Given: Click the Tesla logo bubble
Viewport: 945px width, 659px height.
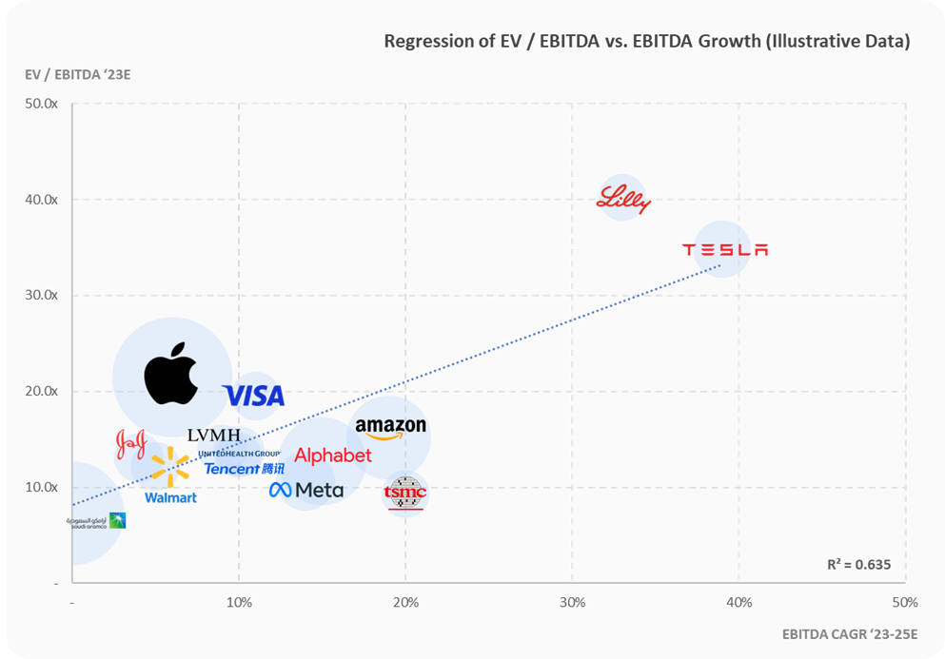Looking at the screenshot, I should pyautogui.click(x=723, y=249).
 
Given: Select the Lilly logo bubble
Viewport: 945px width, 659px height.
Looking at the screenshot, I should pyautogui.click(x=622, y=199).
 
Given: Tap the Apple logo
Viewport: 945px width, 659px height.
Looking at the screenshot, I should pyautogui.click(x=171, y=377).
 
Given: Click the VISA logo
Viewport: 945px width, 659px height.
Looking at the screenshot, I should pyautogui.click(x=253, y=396).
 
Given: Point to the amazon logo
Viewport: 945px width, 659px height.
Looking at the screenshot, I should pyautogui.click(x=390, y=429).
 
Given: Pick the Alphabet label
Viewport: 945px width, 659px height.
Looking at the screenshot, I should pyautogui.click(x=333, y=456).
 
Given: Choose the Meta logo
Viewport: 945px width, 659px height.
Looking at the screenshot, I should pyautogui.click(x=305, y=490).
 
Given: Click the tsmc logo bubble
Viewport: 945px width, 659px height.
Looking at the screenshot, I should pyautogui.click(x=405, y=493).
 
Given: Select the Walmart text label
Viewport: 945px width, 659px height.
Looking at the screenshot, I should pyautogui.click(x=170, y=497).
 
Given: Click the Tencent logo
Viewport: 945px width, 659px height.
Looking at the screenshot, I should pyautogui.click(x=244, y=469).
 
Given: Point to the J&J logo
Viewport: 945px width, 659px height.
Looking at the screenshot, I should pyautogui.click(x=130, y=442).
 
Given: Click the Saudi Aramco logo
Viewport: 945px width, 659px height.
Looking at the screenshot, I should pyautogui.click(x=96, y=521).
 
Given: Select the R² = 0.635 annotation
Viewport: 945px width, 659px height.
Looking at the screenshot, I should pyautogui.click(x=858, y=564).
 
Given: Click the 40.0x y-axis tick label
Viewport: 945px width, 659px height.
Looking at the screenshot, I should pyautogui.click(x=42, y=200).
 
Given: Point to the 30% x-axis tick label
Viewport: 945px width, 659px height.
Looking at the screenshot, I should pyautogui.click(x=572, y=602).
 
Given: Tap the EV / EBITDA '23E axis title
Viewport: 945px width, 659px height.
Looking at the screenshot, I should pyautogui.click(x=78, y=75).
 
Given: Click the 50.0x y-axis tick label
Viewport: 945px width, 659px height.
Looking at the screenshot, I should pyautogui.click(x=42, y=104).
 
